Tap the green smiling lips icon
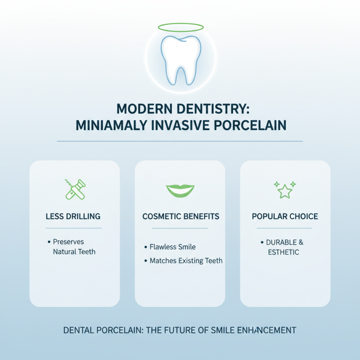point(180,190)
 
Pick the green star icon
point(284,190)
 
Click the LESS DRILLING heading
point(73,216)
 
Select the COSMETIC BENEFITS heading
point(180,216)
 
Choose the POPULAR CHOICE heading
point(285,216)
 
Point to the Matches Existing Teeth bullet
point(186,261)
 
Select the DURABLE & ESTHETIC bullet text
point(284,247)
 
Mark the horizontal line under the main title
point(180,141)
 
